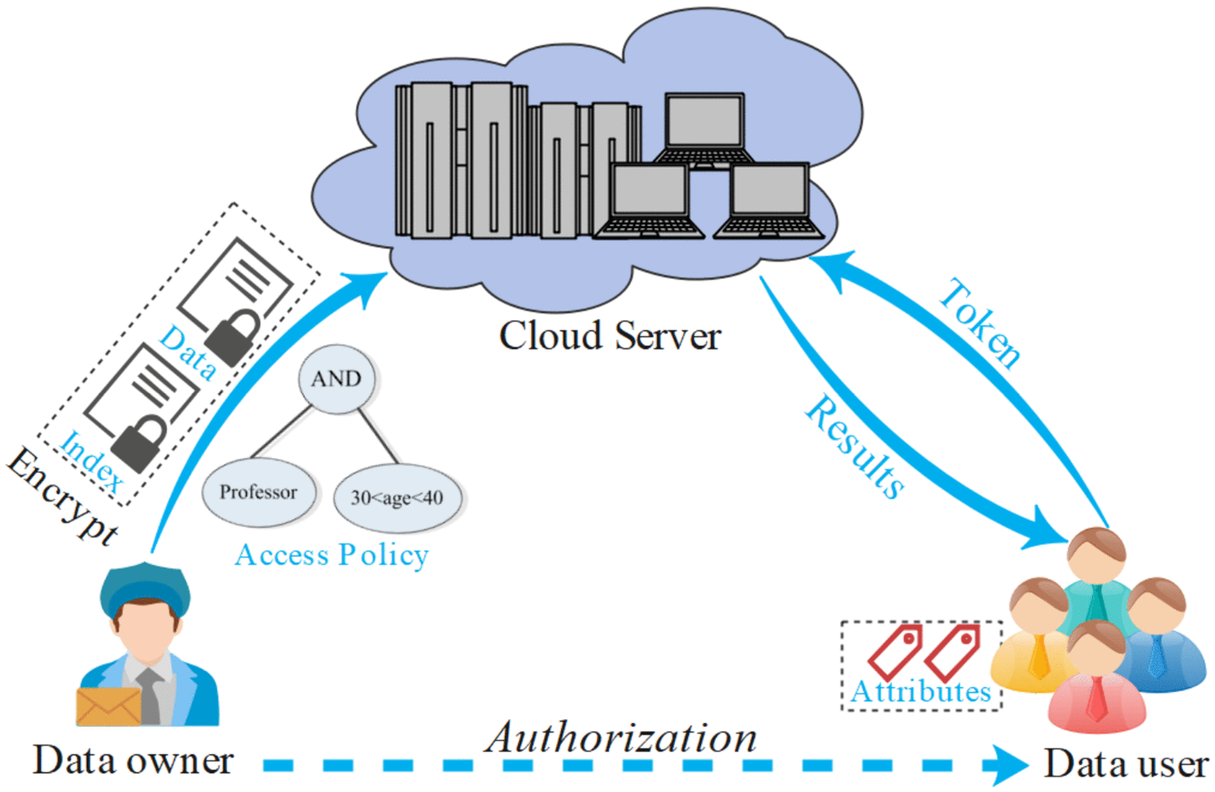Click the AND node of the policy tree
[337, 379]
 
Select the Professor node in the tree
[259, 492]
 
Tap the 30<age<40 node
[397, 498]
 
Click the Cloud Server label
[610, 336]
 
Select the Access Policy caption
[332, 555]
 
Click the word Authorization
[621, 738]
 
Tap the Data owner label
[134, 761]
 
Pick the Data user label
[1126, 764]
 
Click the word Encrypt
[63, 497]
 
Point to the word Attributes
[921, 692]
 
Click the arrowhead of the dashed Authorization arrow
[1008, 766]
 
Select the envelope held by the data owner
[109, 706]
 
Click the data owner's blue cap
[146, 587]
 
